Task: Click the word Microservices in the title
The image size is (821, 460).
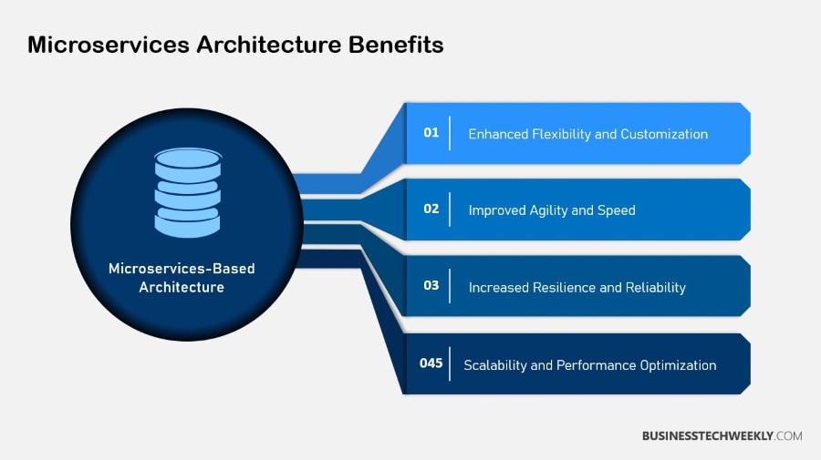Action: tap(109, 45)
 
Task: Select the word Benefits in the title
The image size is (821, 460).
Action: tap(396, 45)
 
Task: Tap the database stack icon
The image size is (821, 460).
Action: tap(188, 192)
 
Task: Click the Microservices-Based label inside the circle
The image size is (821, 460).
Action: tap(182, 269)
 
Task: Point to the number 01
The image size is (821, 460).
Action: tap(431, 133)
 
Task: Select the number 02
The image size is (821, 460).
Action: tap(431, 210)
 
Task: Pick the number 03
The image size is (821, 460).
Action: tap(431, 285)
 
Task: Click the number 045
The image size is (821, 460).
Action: tap(431, 363)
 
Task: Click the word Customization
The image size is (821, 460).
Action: tap(664, 134)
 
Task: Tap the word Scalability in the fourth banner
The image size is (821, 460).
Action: tap(494, 365)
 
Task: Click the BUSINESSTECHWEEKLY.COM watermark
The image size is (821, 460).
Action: tap(722, 436)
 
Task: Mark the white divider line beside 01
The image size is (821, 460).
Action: tap(450, 133)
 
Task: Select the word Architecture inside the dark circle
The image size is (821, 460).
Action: tap(182, 287)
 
